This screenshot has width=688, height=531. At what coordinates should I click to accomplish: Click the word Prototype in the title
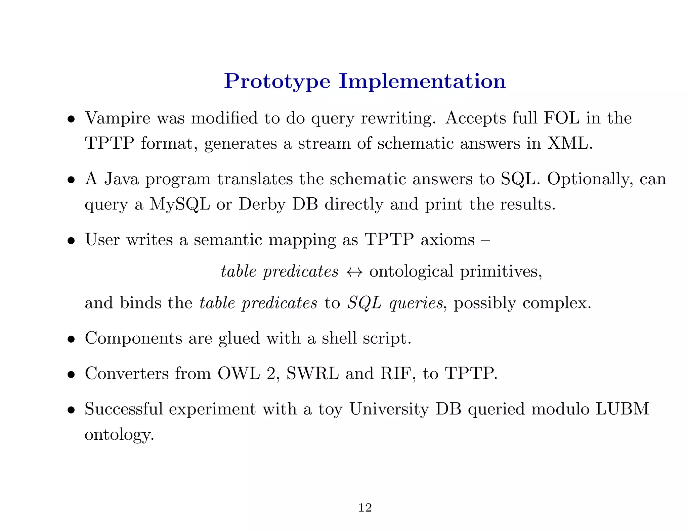277,82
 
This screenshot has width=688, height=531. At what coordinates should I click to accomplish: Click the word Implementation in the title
422,82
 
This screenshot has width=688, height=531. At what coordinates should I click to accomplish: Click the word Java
121,179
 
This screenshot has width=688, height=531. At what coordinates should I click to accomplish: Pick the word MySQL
179,204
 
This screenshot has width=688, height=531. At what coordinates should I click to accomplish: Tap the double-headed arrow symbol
354,272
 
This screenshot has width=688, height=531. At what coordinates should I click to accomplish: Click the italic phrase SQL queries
395,303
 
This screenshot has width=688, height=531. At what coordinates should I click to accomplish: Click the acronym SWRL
312,373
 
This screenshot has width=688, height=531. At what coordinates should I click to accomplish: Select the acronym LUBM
622,409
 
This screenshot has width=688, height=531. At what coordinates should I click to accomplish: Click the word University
389,409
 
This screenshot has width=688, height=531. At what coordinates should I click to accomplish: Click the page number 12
365,508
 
